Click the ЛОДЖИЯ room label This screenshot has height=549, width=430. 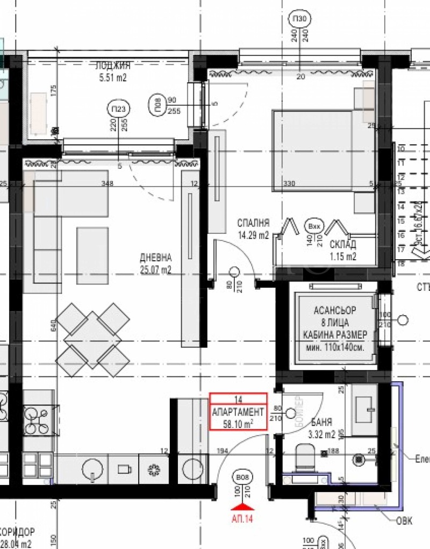point(113,66)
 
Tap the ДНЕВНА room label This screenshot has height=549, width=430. point(155,258)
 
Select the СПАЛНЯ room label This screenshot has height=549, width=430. point(253,223)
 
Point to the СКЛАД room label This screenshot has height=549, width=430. point(343,244)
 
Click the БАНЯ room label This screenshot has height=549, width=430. point(321,422)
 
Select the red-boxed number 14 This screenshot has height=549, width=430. point(238,399)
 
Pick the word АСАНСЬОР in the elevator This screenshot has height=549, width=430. point(334,311)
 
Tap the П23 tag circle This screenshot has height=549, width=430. point(118,109)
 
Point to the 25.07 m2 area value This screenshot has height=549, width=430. point(155,269)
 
